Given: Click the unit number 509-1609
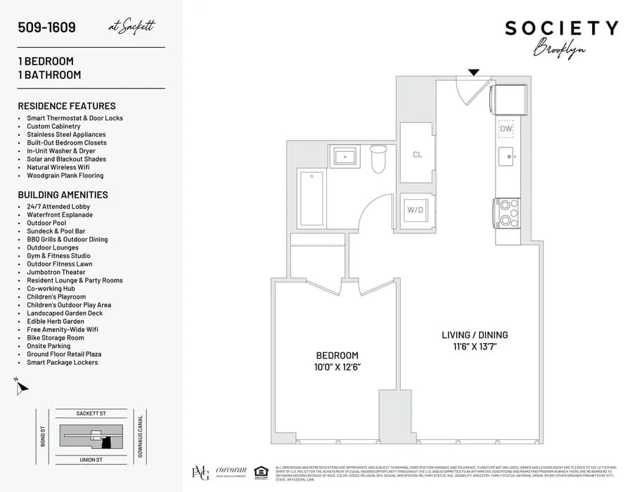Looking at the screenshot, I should click(46, 28).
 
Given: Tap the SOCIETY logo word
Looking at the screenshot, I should click(561, 29).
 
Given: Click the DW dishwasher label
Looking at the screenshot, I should click(506, 129).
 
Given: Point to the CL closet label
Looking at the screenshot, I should click(417, 155).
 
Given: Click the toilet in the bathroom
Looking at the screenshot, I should click(378, 158).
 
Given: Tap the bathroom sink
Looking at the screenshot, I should click(345, 156).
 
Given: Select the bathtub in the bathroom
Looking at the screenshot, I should click(310, 200).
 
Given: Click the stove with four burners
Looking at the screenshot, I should click(507, 213).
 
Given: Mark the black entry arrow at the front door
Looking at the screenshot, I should click(474, 72).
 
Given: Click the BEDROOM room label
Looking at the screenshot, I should click(337, 356).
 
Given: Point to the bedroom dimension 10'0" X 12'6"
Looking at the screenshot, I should click(337, 367).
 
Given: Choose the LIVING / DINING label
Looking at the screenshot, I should click(475, 335).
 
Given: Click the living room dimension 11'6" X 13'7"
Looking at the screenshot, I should click(475, 347).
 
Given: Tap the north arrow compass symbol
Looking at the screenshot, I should click(21, 386).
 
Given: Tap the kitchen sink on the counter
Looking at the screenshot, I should click(506, 155).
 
